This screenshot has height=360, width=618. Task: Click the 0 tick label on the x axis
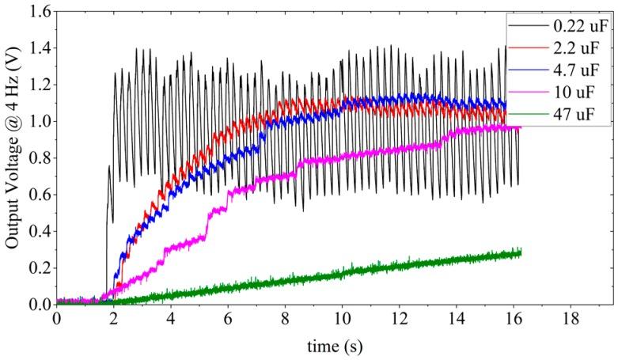pos(57,320)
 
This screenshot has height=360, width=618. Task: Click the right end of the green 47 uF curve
pos(521,252)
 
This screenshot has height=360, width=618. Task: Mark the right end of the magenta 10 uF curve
pos(520,127)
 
